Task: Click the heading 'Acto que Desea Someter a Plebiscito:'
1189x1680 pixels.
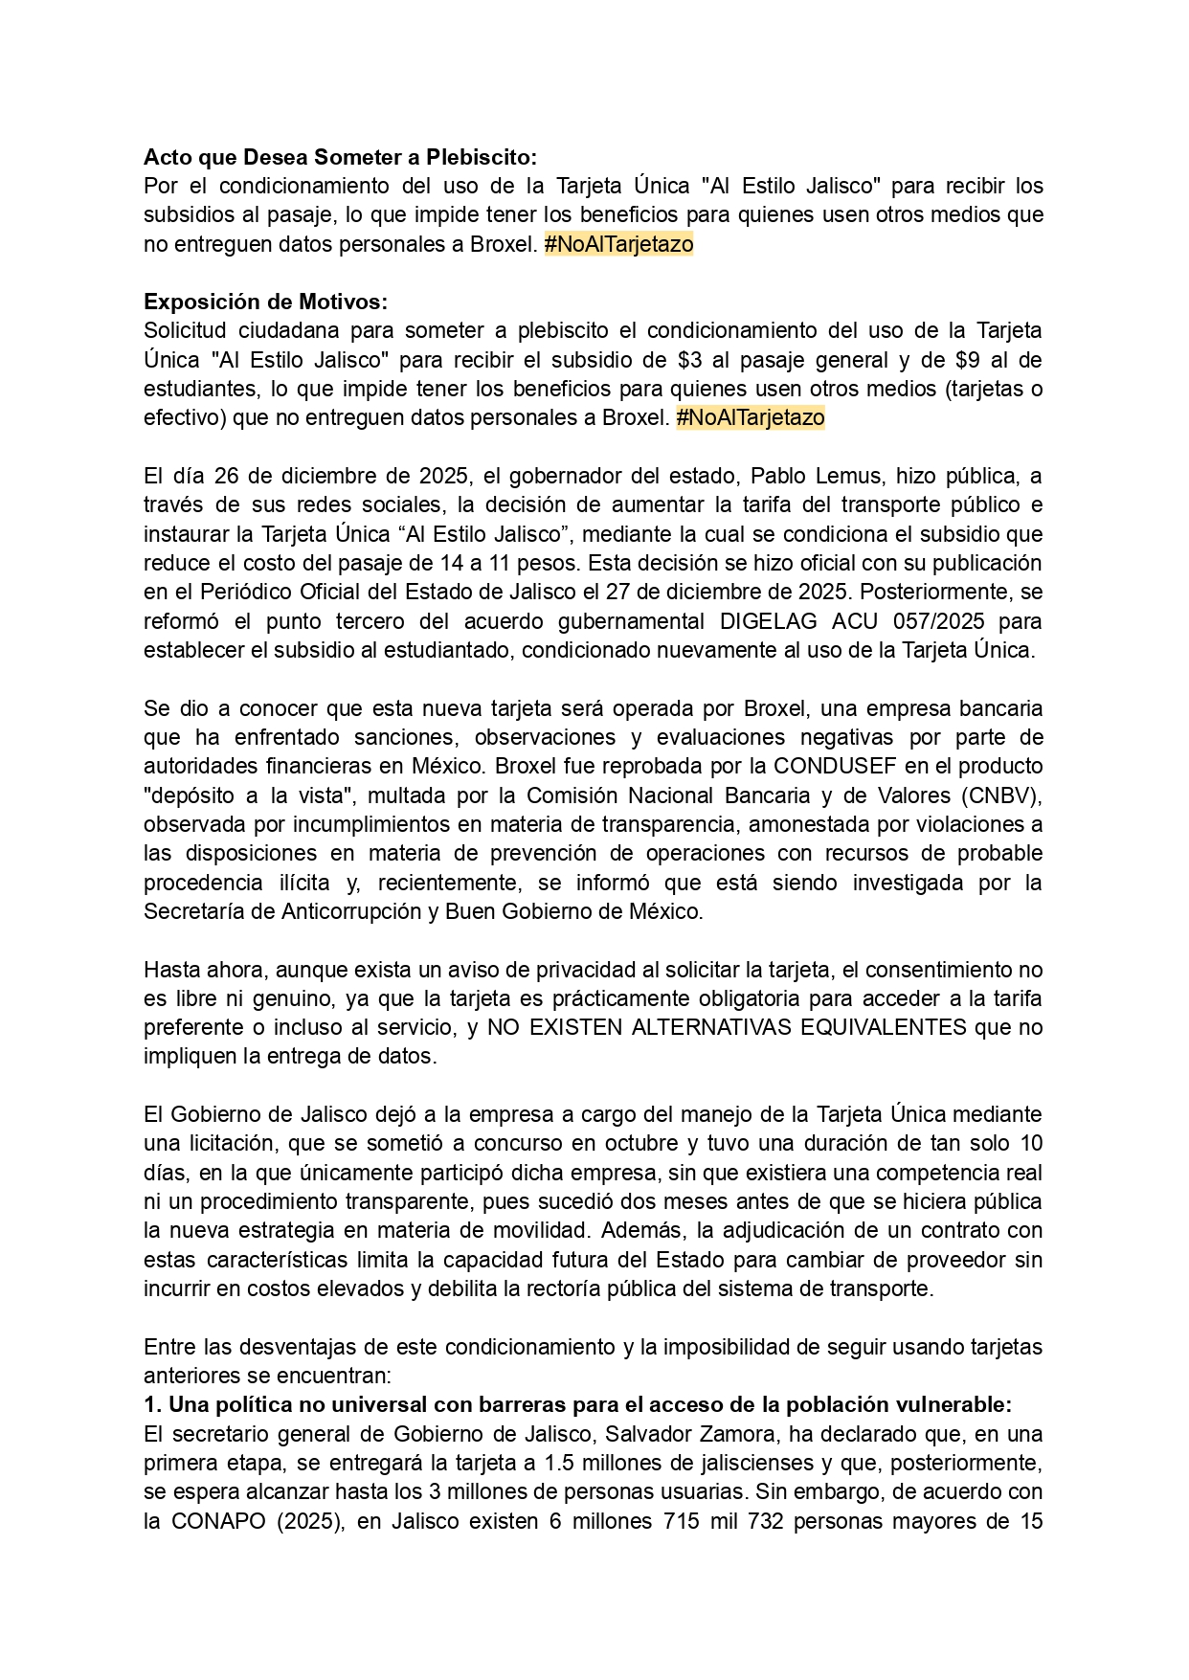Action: click(x=340, y=156)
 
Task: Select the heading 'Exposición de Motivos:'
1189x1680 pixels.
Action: click(x=265, y=302)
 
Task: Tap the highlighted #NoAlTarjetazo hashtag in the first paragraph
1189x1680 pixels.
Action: click(x=618, y=244)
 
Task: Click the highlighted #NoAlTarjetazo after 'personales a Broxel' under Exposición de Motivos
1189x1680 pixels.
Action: click(x=750, y=418)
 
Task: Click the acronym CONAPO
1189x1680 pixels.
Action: click(x=219, y=1521)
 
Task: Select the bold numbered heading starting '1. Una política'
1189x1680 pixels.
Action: click(x=577, y=1404)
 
